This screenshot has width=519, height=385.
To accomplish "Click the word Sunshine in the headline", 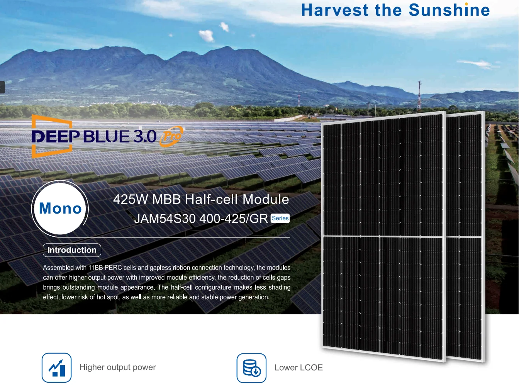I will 449,10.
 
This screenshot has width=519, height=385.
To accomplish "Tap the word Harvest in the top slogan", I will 335,10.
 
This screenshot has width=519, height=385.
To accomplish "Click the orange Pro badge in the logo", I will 171,136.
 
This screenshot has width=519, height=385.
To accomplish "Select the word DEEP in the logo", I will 56,137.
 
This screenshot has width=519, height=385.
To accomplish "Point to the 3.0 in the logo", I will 145,137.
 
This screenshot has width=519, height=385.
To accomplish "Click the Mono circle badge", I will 60,209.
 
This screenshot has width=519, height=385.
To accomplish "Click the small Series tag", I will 280,218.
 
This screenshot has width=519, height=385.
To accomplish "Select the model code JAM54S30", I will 165,219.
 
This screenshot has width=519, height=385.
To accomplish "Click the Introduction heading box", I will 72,250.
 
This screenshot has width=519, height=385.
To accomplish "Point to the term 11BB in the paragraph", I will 95,268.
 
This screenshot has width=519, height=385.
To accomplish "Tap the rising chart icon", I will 56,368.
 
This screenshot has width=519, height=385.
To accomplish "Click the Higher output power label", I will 118,367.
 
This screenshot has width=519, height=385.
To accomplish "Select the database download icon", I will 251,368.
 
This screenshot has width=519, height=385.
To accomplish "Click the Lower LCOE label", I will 299,368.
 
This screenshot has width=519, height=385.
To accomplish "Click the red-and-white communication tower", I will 419,95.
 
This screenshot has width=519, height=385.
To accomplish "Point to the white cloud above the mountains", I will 206,36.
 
